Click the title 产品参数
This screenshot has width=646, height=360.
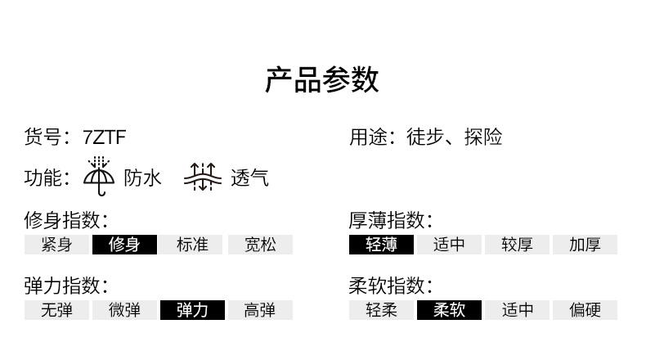click(322, 80)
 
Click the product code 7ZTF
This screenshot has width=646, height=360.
click(105, 137)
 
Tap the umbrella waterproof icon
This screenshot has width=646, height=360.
click(100, 177)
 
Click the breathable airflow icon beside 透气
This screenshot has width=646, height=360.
click(203, 177)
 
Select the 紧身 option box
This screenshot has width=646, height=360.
click(56, 245)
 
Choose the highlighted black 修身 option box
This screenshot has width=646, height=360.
click(124, 245)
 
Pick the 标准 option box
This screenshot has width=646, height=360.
click(192, 245)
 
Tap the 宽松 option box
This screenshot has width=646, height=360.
click(260, 245)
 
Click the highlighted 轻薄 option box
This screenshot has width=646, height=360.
click(381, 245)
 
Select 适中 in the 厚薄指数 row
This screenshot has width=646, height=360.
click(449, 245)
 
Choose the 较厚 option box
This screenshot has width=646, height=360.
click(517, 245)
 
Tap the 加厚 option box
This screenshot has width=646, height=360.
click(585, 245)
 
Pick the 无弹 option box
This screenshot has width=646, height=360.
click(56, 310)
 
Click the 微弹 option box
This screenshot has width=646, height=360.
click(124, 310)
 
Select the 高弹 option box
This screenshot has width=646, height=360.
click(260, 310)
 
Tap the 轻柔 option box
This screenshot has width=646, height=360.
click(381, 310)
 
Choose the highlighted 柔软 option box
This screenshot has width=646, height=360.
click(449, 310)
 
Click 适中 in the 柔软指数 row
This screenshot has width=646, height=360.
click(517, 310)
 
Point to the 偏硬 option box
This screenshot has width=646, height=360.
click(585, 310)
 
